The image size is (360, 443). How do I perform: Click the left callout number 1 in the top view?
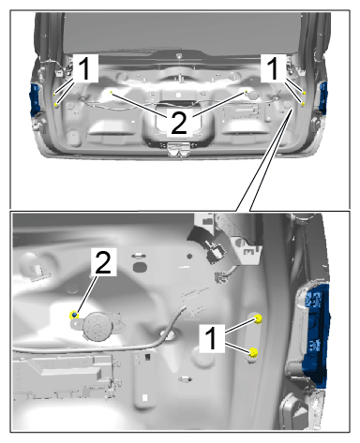83,68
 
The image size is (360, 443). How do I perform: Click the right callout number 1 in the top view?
273,68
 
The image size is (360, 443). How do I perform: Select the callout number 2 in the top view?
179,124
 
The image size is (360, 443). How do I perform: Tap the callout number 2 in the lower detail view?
103,262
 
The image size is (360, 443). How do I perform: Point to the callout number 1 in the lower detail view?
212,338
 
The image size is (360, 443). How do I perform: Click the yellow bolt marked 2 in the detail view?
74,315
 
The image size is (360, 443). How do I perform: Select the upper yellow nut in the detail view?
258,319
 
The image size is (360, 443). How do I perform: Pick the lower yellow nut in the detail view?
253,352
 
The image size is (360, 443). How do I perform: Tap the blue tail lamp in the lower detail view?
316,335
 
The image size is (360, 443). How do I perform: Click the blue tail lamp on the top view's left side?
36,99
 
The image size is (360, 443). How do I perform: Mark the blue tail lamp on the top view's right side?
322,96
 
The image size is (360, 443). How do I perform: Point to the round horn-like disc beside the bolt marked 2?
97,326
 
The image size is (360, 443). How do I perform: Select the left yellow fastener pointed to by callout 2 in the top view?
111,93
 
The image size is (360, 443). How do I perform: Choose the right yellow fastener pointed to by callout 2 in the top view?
247,92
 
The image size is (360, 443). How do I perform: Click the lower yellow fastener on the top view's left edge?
56,105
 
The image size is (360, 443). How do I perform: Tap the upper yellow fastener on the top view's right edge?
304,93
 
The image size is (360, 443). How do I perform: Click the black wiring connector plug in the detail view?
213,249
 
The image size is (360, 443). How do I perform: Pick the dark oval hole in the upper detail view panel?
140,267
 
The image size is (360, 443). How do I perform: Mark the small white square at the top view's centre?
178,95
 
